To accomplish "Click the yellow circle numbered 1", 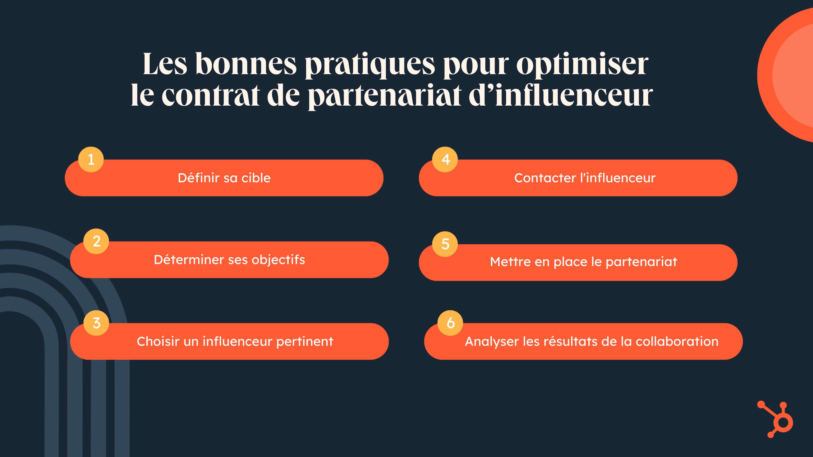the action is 91,159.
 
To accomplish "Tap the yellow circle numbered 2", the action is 96,241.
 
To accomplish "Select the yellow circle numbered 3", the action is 96,323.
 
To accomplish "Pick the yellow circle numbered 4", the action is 445,159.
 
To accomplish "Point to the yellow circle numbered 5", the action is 445,244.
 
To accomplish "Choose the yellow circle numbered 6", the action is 450,323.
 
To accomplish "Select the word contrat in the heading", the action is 211,95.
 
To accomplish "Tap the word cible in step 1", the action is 256,178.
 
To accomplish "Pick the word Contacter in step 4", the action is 545,178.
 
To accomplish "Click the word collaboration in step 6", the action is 677,341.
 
